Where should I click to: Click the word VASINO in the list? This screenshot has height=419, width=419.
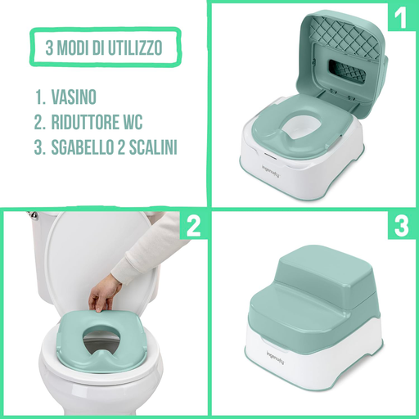pos(74,97)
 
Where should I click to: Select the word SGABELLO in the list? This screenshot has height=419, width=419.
pos(83,147)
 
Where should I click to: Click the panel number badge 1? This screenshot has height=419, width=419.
pos(401,17)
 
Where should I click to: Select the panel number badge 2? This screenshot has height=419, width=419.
pos(193,226)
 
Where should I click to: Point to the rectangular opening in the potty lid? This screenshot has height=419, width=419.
pos(347,72)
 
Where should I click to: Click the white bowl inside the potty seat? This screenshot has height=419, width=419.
pos(300,128)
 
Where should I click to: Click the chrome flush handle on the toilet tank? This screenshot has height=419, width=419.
pos(34,214)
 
